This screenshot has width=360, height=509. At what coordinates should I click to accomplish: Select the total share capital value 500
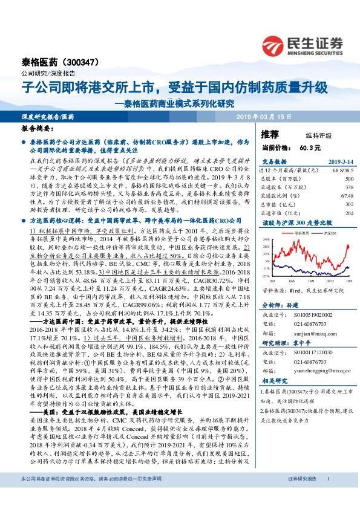coord(349,179)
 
